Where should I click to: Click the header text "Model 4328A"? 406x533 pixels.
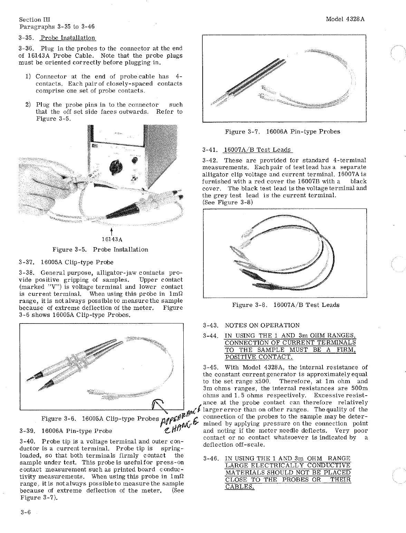(x=345, y=19)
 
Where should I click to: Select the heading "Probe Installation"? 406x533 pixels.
(x=68, y=38)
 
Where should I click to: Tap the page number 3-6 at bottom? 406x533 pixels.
(x=26, y=513)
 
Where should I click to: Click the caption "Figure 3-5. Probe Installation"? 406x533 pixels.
(x=100, y=250)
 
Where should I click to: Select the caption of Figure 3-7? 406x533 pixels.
(x=282, y=132)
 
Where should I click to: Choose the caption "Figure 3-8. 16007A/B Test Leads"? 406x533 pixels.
(x=286, y=305)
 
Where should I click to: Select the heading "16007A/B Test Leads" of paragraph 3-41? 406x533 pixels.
(x=257, y=150)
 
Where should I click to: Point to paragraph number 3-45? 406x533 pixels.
(x=211, y=367)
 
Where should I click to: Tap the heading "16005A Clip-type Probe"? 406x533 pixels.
(x=77, y=262)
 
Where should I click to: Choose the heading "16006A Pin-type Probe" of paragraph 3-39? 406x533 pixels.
(x=77, y=431)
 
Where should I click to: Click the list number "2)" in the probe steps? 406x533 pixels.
(x=28, y=105)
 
